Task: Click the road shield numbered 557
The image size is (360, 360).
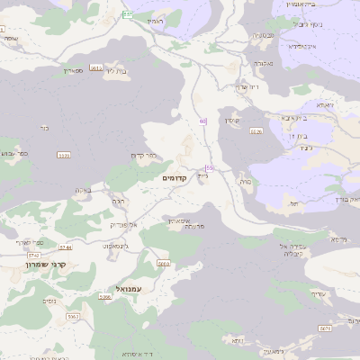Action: tap(128, 15)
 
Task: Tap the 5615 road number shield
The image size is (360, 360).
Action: tap(96, 78)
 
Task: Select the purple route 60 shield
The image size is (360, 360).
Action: tap(203, 121)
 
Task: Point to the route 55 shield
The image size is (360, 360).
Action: tap(210, 167)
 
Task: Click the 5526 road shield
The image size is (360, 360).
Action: tap(256, 132)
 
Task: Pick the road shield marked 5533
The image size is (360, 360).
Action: tap(63, 155)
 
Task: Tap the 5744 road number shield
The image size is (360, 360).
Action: tap(66, 247)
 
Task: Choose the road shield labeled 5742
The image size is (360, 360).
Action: tap(34, 256)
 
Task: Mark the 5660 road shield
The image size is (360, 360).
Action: tap(163, 264)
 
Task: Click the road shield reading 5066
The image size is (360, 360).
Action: tap(105, 296)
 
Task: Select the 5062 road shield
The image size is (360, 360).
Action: tap(73, 317)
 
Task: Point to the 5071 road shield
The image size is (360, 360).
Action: tap(325, 330)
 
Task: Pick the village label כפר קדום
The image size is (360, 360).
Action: tap(143, 155)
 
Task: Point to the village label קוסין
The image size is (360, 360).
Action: tap(232, 120)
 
